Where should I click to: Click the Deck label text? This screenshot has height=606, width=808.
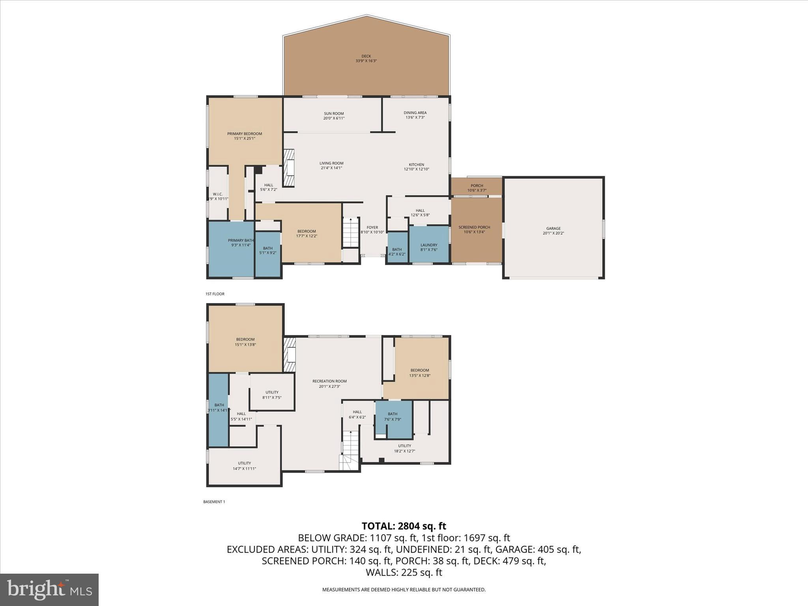(x=366, y=58)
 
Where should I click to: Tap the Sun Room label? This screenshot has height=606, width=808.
(x=334, y=116)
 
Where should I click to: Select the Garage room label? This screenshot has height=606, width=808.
(x=553, y=230)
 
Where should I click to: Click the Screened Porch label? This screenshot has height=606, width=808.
(x=474, y=229)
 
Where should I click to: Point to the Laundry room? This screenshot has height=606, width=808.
(x=429, y=247)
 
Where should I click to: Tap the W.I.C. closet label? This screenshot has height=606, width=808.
(x=218, y=196)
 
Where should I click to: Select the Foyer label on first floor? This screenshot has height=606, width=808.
(x=372, y=230)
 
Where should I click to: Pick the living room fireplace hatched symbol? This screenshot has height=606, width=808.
(x=290, y=168)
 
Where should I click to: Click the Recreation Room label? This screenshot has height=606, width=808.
(x=329, y=383)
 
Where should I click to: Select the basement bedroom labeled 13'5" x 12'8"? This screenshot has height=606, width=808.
(x=419, y=372)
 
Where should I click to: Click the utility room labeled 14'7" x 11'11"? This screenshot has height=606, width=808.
(x=244, y=466)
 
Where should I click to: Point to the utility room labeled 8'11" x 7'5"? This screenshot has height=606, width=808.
(x=272, y=395)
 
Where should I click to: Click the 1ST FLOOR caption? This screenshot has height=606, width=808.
(x=215, y=294)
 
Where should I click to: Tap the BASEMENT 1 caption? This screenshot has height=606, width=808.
(x=214, y=502)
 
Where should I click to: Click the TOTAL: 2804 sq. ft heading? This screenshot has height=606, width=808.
(x=404, y=526)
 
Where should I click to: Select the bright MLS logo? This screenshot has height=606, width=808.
(x=49, y=589)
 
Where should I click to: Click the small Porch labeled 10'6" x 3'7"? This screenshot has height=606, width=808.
(x=477, y=188)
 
